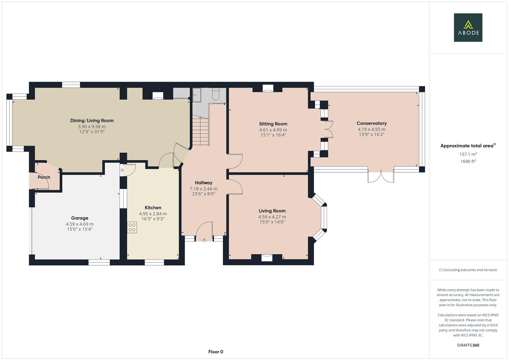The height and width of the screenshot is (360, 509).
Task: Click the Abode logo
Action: pos(468,28)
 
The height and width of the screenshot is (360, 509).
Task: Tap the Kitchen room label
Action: pos(153,208)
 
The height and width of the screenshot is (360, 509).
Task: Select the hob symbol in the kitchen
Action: pos(132,227)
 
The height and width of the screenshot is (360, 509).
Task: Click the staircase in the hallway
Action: pos(200,132)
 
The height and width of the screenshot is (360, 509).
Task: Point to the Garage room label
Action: pos(80,218)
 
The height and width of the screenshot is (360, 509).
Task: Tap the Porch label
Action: pos(44,177)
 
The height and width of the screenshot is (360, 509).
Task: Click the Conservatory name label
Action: pos(371,123)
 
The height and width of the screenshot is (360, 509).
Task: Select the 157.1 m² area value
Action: pos(468,154)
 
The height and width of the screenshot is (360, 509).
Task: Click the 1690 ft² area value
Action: pos(468,161)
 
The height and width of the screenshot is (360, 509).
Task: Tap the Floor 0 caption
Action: pos(215,352)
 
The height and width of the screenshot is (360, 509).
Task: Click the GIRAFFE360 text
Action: pos(468,345)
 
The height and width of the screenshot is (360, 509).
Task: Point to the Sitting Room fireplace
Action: pos(268,88)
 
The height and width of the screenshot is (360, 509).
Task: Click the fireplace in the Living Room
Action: pos(267,257)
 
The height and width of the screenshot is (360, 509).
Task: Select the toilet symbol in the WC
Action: pos(215,94)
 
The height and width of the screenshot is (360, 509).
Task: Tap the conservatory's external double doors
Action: pos(381,176)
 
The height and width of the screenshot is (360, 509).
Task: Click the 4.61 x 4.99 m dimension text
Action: pos(273,130)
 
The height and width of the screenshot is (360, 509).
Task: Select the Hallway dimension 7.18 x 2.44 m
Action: pos(203,189)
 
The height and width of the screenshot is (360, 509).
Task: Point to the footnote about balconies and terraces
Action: pos(468,270)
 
